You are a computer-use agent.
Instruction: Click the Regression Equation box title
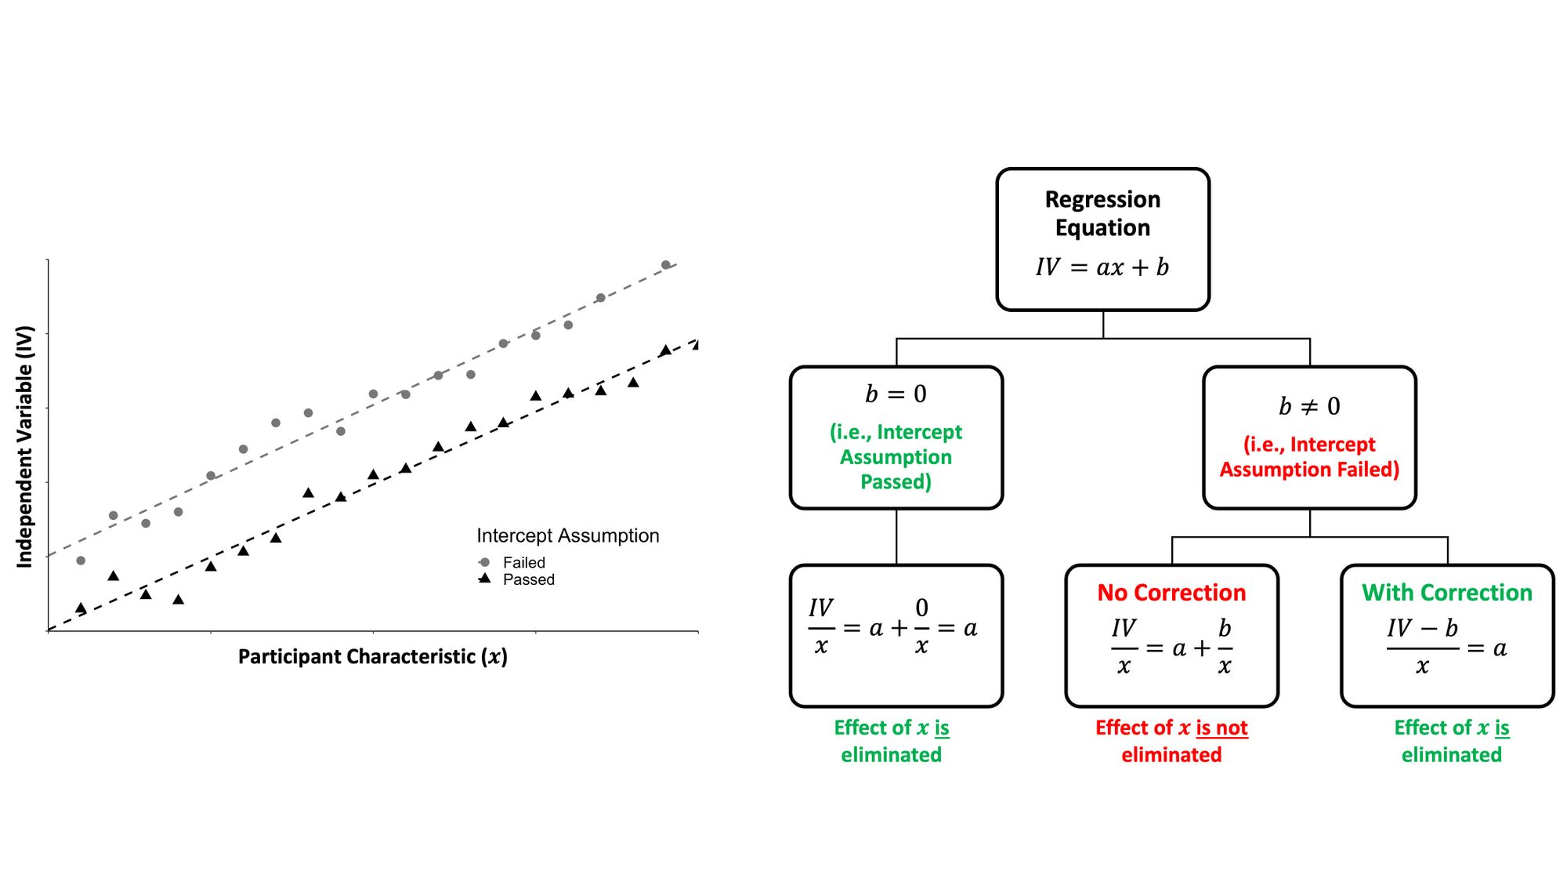[1102, 213]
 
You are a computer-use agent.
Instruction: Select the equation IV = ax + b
[1102, 267]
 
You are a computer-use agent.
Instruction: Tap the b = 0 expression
[896, 394]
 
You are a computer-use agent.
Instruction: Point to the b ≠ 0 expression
[1309, 406]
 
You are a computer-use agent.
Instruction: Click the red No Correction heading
[1171, 593]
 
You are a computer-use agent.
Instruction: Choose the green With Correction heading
[1447, 593]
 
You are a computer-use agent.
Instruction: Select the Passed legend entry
[516, 579]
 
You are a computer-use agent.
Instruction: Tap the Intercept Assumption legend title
[568, 536]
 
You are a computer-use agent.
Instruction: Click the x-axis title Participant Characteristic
[373, 656]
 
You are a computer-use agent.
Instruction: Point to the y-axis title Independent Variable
[25, 446]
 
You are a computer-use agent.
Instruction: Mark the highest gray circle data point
[666, 265]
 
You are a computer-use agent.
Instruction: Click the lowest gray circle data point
[81, 561]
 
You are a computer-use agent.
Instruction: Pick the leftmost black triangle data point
[81, 608]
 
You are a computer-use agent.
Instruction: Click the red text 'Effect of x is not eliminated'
[1171, 741]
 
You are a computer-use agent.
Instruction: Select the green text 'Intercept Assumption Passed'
[896, 456]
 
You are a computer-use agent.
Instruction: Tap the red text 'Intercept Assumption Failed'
[1309, 456]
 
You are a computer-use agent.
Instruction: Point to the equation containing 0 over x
[893, 627]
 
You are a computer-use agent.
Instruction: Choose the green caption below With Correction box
[1452, 741]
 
